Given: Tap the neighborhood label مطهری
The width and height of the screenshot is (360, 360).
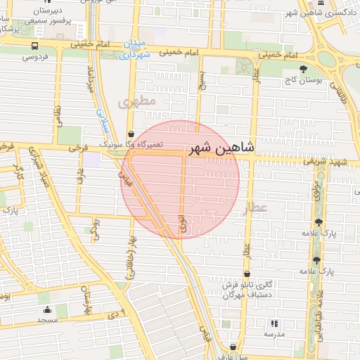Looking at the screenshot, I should pyautogui.click(x=135, y=103).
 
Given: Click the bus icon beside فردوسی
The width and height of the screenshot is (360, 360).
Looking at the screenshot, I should pyautogui.click(x=34, y=45).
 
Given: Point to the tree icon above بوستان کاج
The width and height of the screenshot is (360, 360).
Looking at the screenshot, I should pyautogui.click(x=303, y=69).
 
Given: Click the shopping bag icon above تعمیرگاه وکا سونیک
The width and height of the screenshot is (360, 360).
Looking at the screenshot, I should pyautogui.click(x=131, y=133).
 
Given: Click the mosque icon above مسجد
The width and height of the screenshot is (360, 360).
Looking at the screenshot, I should pyautogui.click(x=47, y=309).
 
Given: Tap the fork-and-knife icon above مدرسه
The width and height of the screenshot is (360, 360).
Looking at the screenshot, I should pyautogui.click(x=274, y=323).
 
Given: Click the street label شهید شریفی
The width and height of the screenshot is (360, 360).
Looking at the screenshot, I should pyautogui.click(x=317, y=162).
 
